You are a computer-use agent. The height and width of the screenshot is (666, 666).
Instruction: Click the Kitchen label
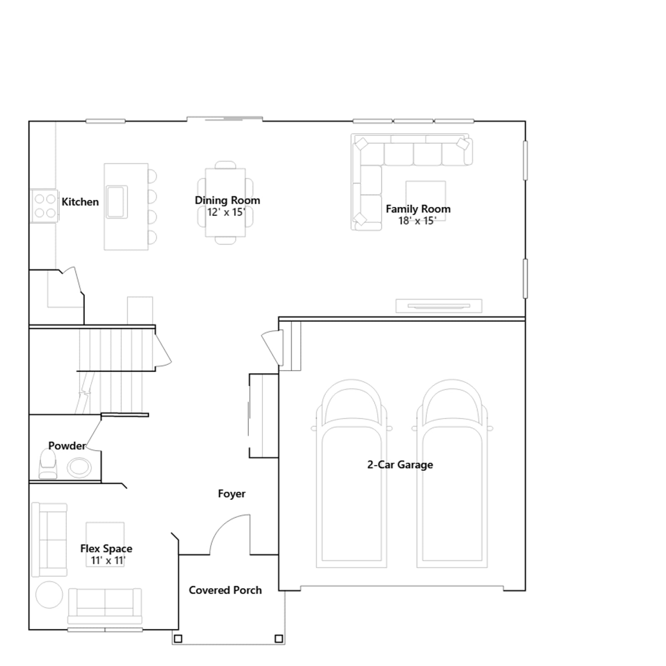[80, 202]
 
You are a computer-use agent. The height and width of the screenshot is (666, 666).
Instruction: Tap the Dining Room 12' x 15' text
[227, 206]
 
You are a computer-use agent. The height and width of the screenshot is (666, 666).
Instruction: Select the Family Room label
[418, 209]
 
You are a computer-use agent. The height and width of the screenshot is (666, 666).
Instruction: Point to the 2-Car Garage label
[400, 465]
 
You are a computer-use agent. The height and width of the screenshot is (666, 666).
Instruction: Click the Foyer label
[231, 494]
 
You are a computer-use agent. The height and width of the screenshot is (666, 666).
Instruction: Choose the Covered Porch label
[225, 590]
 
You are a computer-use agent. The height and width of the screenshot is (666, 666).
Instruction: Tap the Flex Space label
[106, 549]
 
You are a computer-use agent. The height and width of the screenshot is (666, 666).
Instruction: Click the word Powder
[67, 446]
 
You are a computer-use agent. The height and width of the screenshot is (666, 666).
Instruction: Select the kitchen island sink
[117, 202]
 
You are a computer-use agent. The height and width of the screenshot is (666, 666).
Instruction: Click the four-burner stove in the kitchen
[45, 206]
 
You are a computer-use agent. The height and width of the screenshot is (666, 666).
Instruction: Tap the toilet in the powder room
[47, 464]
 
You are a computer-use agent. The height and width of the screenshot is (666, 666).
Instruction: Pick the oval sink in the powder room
[80, 467]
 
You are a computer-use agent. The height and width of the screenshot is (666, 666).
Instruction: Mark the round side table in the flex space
[49, 594]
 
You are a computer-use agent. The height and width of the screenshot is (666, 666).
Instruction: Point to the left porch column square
[178, 639]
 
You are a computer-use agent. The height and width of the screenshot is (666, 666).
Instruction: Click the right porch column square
[279, 639]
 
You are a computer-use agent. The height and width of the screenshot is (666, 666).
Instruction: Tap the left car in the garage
[351, 473]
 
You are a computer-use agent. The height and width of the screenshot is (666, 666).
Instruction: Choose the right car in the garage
[452, 473]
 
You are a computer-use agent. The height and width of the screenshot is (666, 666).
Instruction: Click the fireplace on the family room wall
[439, 306]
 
